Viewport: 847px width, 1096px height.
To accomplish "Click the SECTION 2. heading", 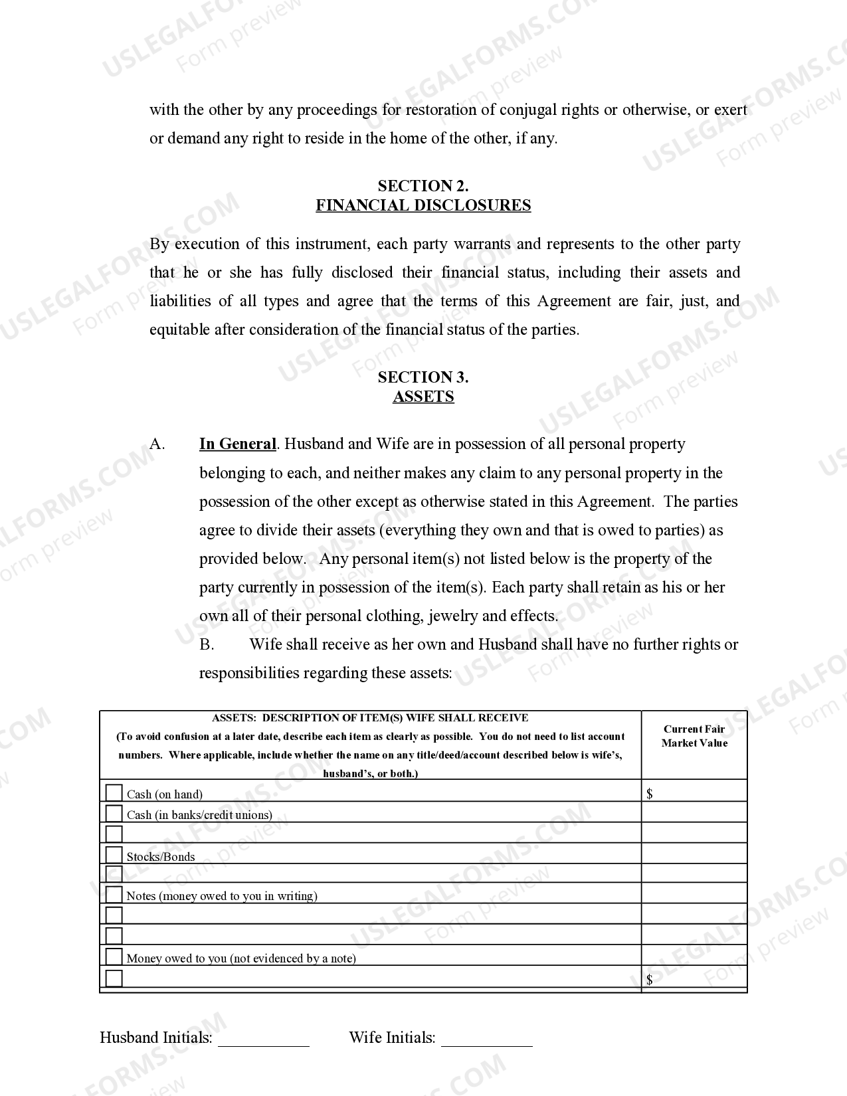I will click(423, 186).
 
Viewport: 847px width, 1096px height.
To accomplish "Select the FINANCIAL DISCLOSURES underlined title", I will click(423, 205).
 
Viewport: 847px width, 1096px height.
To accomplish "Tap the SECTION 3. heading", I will click(423, 377).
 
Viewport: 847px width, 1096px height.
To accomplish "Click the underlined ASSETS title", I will click(423, 397).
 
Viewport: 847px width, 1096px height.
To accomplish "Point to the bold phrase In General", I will click(237, 444).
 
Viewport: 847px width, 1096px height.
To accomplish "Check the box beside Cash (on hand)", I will click(114, 793).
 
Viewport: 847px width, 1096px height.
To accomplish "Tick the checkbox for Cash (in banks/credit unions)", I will click(114, 814).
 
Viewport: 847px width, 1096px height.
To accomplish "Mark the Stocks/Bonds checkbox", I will click(114, 855).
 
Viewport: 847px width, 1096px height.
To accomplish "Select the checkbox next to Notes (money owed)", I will click(114, 894).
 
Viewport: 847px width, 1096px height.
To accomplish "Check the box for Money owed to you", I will click(114, 957).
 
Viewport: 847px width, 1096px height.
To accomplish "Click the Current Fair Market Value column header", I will click(694, 736).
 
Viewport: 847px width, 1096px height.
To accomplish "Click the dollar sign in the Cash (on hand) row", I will click(650, 794).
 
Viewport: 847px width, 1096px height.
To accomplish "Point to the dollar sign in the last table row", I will click(650, 980).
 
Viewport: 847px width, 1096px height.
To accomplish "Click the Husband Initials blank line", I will click(264, 1040).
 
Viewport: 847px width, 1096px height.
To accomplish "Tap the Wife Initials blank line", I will click(487, 1040).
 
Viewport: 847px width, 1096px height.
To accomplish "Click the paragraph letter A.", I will click(157, 444).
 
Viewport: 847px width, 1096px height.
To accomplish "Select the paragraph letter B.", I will click(207, 644).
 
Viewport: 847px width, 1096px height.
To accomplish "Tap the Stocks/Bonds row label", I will click(161, 857).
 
